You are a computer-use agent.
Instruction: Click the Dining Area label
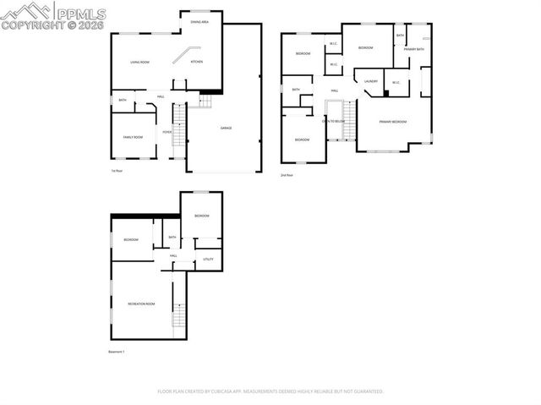(199, 22)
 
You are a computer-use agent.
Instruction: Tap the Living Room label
(139, 62)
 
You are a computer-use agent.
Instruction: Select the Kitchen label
(196, 62)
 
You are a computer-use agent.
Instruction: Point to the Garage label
(226, 128)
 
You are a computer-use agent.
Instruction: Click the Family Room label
(133, 136)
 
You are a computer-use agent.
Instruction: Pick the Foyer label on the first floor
(167, 131)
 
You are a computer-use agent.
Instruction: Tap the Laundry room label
(370, 81)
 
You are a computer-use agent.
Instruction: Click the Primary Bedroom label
(392, 122)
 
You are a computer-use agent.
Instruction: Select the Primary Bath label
(413, 49)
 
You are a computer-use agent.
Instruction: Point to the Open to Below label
(333, 122)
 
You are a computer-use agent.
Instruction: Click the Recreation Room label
(141, 303)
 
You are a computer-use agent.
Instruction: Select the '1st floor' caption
(117, 172)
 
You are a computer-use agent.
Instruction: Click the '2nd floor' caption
(287, 175)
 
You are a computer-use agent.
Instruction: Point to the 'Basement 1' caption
(117, 351)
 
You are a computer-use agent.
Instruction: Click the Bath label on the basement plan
(172, 238)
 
